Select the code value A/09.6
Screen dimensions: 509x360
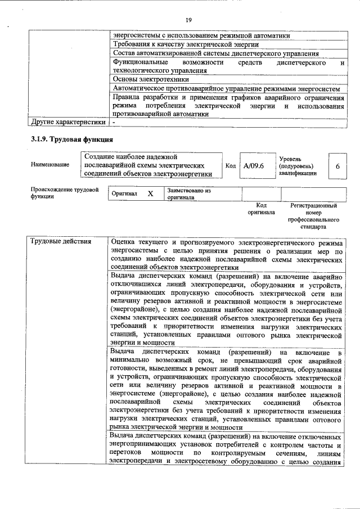click(254, 166)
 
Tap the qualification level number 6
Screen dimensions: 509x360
click(337, 166)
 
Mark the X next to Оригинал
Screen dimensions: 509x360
click(150, 193)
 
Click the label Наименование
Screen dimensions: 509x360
click(51, 164)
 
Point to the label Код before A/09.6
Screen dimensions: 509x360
click(231, 166)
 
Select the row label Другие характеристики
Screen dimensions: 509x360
click(68, 121)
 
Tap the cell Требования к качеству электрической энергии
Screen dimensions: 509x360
click(186, 44)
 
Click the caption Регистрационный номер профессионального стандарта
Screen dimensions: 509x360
click(313, 217)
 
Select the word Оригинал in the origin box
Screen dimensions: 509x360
click(124, 193)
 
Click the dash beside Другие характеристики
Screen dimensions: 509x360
click(114, 121)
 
